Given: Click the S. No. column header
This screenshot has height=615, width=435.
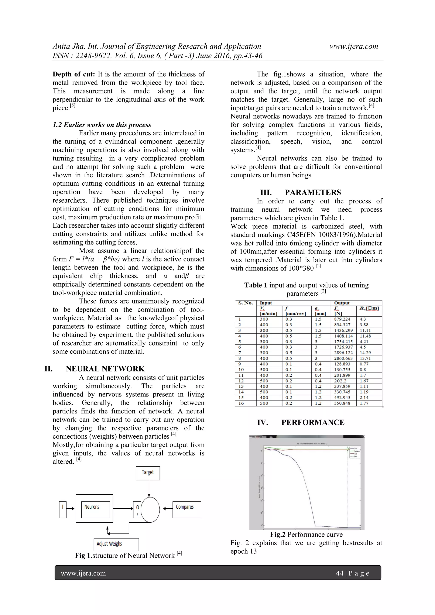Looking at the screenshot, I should (x=245, y=303).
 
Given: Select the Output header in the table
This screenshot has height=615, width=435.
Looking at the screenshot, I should (x=342, y=303).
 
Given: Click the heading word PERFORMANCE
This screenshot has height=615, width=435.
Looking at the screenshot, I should (x=313, y=422).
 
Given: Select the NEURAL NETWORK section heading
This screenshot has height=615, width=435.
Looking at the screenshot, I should (x=105, y=369).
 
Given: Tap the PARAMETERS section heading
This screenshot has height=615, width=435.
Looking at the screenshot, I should (x=313, y=192).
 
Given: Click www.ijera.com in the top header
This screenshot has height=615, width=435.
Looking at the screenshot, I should (x=354, y=47).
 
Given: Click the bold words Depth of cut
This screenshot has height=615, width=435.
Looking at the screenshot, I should (x=74, y=74).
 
